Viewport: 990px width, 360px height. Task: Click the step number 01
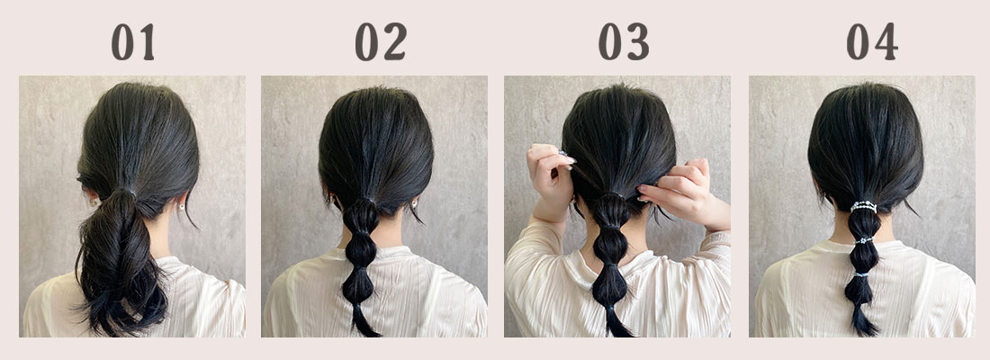(x=132, y=42)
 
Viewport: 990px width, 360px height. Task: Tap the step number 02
(x=381, y=42)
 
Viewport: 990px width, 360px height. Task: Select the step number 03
(x=624, y=42)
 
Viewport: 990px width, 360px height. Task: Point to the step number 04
(x=872, y=42)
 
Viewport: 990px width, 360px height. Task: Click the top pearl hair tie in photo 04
(x=863, y=206)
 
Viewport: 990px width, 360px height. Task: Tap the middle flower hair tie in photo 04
(x=864, y=240)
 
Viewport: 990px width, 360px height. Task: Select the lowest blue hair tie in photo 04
(x=862, y=274)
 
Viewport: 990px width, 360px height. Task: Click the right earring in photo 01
(x=182, y=205)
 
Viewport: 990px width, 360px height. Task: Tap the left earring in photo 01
(x=95, y=202)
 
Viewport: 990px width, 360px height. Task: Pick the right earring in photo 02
(x=416, y=203)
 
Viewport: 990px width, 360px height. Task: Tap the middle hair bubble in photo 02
(x=361, y=251)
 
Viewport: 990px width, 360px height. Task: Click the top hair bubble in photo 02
(x=361, y=216)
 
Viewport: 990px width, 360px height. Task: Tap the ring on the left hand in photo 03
(x=562, y=153)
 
